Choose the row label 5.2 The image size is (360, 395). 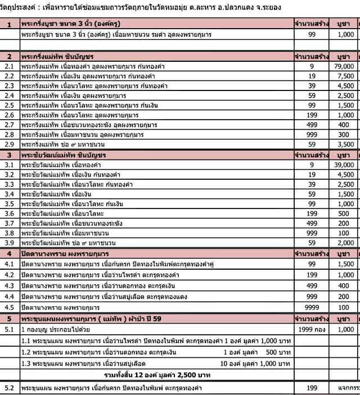click(8, 388)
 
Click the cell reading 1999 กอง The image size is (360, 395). click(311, 330)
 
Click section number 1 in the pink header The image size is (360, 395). click(10, 24)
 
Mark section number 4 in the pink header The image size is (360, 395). click(10, 254)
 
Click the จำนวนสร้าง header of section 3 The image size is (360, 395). click(311, 154)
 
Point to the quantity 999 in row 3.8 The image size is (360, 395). click(311, 232)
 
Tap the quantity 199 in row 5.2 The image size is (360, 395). click(311, 388)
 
